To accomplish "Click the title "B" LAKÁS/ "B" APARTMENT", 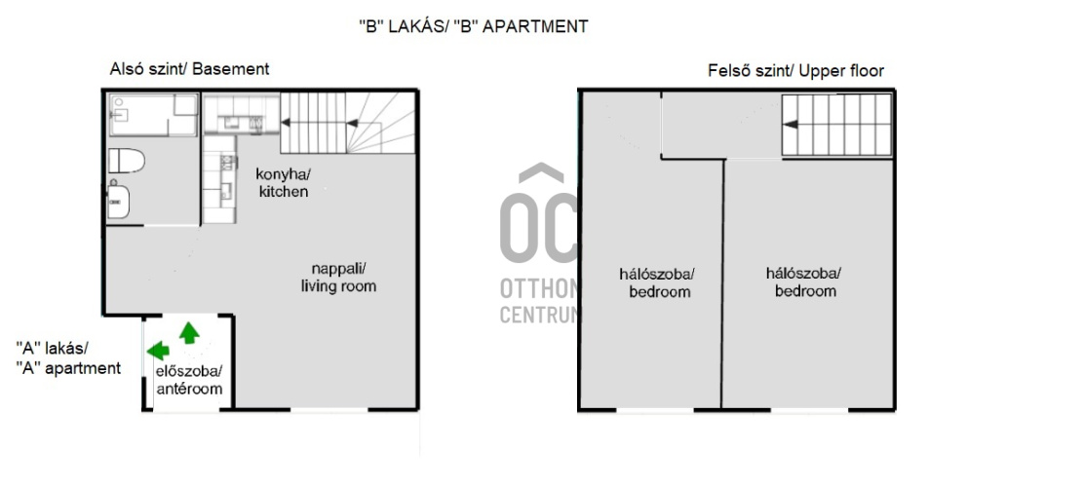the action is point(473,26).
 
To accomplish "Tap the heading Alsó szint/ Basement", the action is point(189,69).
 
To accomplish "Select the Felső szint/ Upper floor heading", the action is point(795,70).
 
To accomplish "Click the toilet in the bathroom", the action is point(127,161).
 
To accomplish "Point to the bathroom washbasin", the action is point(119,199).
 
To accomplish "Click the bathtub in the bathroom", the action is point(153,115).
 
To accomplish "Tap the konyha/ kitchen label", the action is point(284,182).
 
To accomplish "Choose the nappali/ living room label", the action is point(338,277).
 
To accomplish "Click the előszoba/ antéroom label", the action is point(188,380).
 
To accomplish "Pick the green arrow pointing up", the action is point(189,332).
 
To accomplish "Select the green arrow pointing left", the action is point(158,351).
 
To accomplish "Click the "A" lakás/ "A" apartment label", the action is point(67,357).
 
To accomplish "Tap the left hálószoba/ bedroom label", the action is point(657,282).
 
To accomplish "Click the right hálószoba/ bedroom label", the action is point(804,281).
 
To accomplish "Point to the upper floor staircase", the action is point(836,125).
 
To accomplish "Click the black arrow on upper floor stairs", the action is point(791,124).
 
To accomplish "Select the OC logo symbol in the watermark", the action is point(539,214).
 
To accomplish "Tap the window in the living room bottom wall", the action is point(329,410).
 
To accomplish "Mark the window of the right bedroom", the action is point(809,410).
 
